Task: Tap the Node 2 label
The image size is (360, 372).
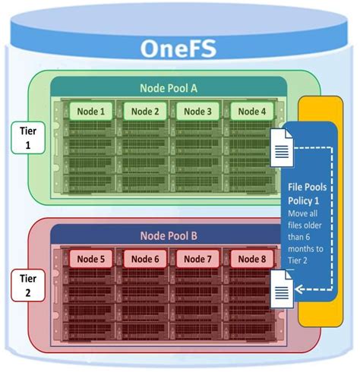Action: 144,112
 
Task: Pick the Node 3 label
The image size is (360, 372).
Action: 199,112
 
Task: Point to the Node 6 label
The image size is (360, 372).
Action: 144,259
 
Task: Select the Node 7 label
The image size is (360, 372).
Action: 199,259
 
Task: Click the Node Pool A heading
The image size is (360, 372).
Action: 169,88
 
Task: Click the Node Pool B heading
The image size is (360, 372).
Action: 169,235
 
